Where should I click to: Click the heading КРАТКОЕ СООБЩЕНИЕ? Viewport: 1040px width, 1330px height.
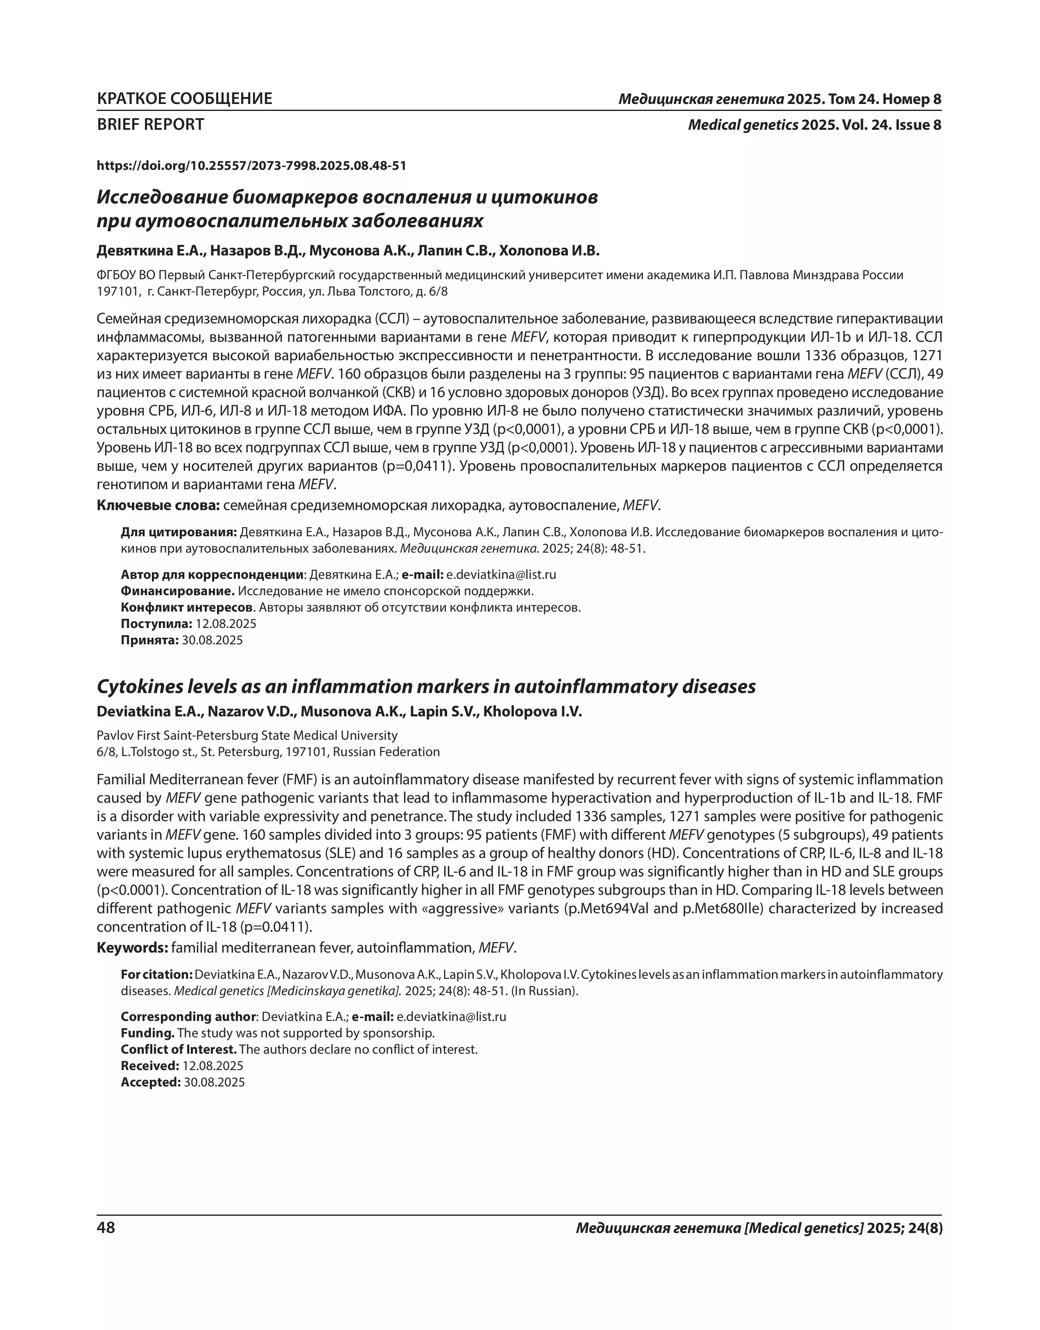[185, 99]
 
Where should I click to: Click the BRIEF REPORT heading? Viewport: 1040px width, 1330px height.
[151, 125]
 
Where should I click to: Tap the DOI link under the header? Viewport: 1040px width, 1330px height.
[252, 166]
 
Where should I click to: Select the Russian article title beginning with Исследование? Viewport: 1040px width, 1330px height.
[347, 209]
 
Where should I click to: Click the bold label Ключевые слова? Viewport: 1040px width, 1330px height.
[158, 506]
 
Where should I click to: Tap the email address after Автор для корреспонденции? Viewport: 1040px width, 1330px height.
[501, 574]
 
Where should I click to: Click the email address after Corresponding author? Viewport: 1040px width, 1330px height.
[452, 1016]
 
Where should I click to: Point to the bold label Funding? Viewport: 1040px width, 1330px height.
[147, 1033]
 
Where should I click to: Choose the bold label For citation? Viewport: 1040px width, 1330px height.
[156, 974]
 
